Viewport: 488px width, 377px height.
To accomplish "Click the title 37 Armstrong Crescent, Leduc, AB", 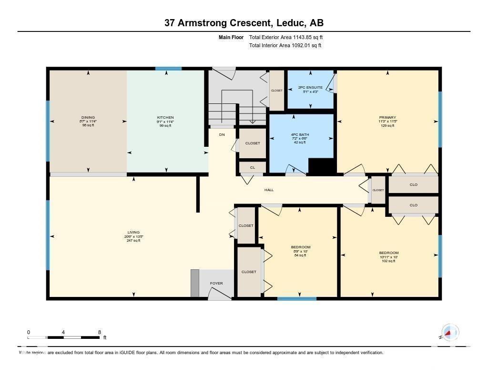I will (x=244, y=23).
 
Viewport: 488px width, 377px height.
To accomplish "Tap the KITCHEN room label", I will (x=165, y=117).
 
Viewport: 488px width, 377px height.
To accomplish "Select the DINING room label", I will (x=88, y=117).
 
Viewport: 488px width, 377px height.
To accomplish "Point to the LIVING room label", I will (x=133, y=233).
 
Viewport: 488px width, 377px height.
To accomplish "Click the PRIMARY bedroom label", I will (x=387, y=117).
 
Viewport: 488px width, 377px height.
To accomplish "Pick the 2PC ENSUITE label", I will (x=310, y=88).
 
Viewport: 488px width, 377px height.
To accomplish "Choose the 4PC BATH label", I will (x=300, y=134).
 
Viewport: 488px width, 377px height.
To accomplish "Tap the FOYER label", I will (x=216, y=284).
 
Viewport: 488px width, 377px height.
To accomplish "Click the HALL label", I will (x=269, y=190).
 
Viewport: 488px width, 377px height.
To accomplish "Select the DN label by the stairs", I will (x=222, y=135).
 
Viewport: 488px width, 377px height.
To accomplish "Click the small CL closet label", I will (x=252, y=167).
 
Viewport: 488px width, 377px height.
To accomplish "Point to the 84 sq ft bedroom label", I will (x=301, y=247).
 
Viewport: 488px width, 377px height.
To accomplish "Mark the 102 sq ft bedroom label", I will (x=388, y=253).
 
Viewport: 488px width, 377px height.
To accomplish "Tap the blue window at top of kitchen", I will (x=168, y=69).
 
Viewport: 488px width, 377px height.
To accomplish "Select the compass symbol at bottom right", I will (x=449, y=332).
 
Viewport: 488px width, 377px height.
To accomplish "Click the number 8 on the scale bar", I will (x=99, y=332).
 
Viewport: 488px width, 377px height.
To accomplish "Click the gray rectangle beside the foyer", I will (x=194, y=283).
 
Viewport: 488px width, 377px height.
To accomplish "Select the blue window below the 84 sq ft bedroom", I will (x=296, y=299).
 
